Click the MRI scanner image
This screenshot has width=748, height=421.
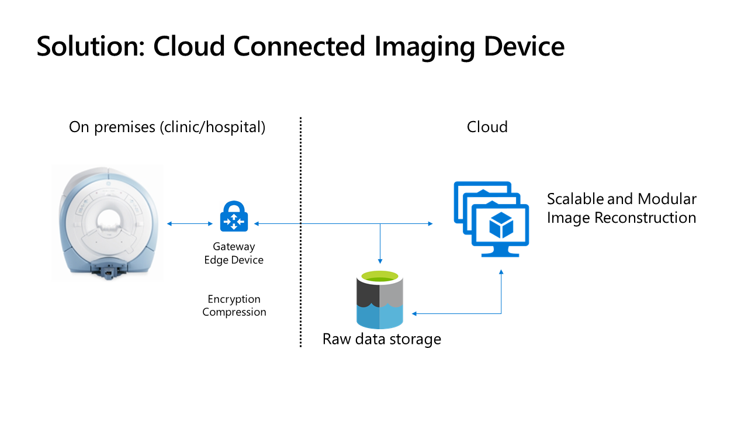click(108, 222)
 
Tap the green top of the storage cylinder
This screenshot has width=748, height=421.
click(380, 277)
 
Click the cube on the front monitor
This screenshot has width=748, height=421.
click(501, 226)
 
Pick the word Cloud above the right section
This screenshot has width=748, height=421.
click(487, 127)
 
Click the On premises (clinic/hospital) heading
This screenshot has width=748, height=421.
click(167, 127)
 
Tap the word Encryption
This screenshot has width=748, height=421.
click(234, 299)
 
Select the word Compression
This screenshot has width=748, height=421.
click(234, 312)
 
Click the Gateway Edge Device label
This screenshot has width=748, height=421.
click(234, 253)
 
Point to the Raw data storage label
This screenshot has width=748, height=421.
click(382, 339)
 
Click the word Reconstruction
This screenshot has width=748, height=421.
click(645, 218)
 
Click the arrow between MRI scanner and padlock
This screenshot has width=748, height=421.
click(190, 223)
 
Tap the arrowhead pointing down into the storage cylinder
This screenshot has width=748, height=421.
click(380, 261)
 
